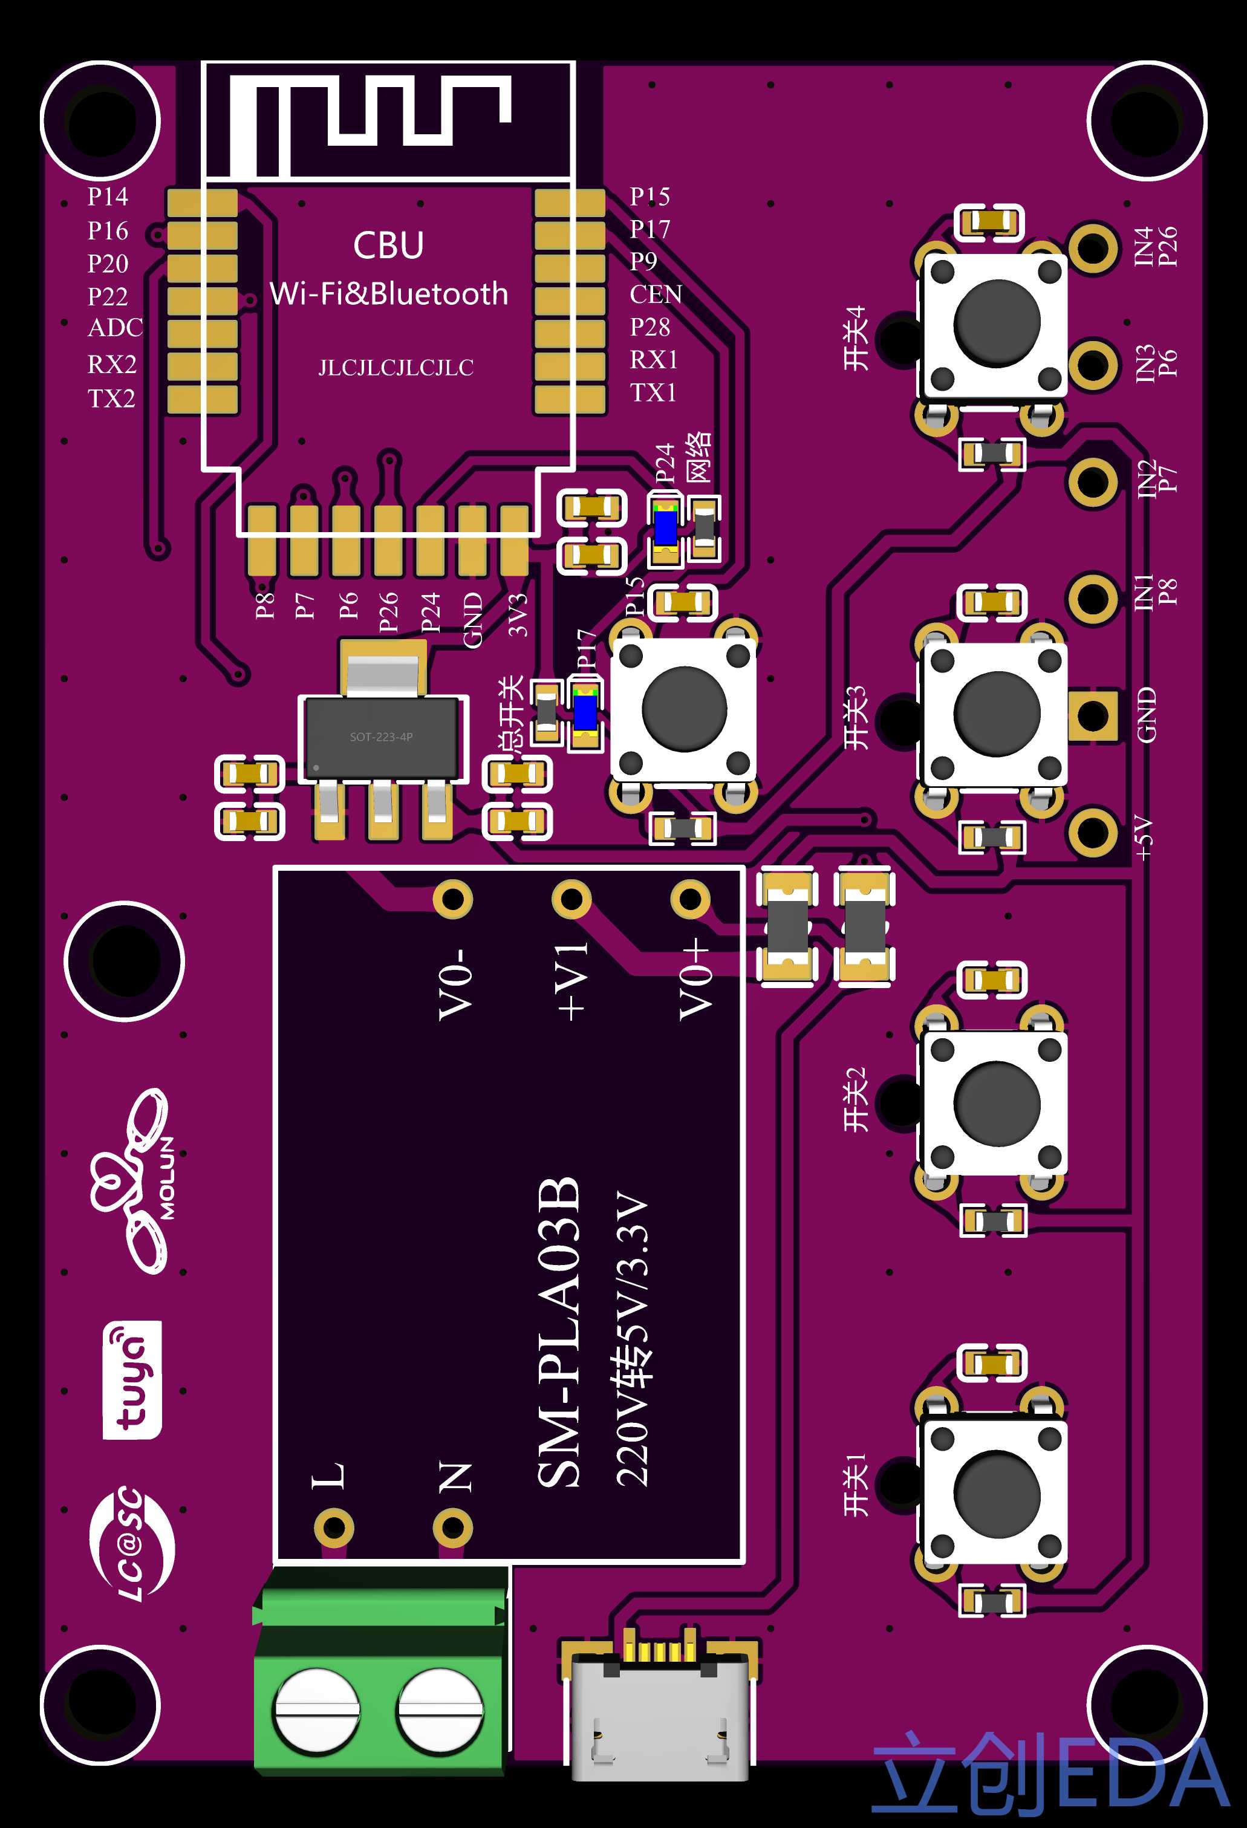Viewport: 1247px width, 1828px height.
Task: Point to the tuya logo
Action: pyautogui.click(x=132, y=1380)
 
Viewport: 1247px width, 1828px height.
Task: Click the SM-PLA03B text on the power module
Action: pyautogui.click(x=559, y=1333)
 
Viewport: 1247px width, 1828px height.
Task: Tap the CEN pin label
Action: pyautogui.click(x=656, y=294)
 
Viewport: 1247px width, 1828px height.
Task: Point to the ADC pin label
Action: pyautogui.click(x=115, y=327)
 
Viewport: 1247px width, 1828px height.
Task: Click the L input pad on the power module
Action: pyautogui.click(x=334, y=1527)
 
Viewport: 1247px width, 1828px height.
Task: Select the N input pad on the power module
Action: pyautogui.click(x=452, y=1527)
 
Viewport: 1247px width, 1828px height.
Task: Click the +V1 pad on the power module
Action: pyautogui.click(x=571, y=899)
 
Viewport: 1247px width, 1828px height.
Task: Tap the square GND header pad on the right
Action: pyautogui.click(x=1093, y=715)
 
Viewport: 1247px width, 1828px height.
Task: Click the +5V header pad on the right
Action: pyautogui.click(x=1093, y=831)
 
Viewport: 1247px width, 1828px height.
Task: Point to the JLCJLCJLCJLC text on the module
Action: pyautogui.click(x=396, y=367)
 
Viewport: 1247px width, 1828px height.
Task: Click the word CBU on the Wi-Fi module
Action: pyautogui.click(x=389, y=245)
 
